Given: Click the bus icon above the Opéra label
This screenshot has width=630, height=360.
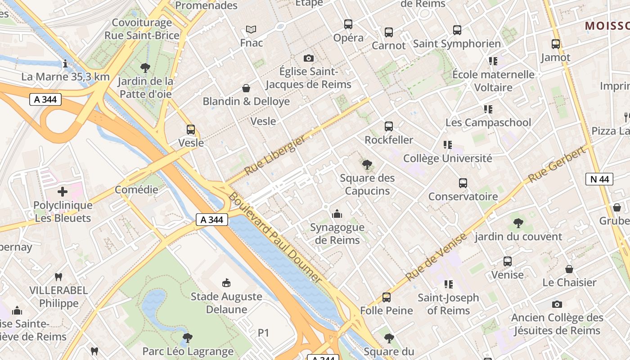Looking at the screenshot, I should [348, 24].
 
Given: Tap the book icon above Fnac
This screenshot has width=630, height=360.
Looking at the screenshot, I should [251, 30].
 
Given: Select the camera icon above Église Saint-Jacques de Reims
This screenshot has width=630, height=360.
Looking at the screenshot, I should [308, 58].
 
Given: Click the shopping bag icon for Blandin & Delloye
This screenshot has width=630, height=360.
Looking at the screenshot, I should [246, 88].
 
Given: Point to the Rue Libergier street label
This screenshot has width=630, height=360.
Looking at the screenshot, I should [274, 156].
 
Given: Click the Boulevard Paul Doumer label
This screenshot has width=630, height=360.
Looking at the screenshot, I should [274, 238].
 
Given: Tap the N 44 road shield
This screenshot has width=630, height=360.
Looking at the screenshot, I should [599, 179].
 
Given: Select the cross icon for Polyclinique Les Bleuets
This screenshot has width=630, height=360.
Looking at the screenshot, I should [63, 192].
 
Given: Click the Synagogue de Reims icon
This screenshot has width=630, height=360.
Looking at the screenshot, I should [337, 214].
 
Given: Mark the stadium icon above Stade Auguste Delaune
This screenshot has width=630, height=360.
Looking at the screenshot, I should [226, 283].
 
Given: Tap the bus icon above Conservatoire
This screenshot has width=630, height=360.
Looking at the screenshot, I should [463, 183].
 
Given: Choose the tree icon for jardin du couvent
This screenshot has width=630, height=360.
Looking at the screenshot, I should [518, 223].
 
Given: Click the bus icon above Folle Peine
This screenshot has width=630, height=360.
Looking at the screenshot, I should [386, 297].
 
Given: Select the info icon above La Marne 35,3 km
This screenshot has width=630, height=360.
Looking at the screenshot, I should [65, 63].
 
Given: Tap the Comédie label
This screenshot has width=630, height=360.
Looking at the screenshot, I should [136, 189].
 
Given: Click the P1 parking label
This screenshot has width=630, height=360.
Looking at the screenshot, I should [263, 333].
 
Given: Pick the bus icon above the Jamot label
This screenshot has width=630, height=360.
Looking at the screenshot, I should [556, 44].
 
